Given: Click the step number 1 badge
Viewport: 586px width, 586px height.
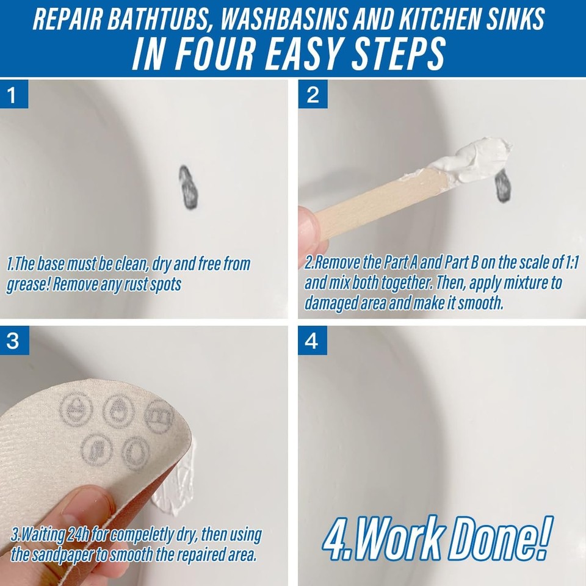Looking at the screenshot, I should point(14,95).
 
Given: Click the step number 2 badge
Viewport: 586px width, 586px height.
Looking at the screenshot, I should point(313,95).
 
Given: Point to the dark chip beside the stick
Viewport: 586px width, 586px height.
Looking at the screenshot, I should point(504,186).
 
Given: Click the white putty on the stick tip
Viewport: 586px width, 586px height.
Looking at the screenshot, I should point(479,157).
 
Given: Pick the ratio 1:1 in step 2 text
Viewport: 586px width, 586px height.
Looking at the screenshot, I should point(568,264).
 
